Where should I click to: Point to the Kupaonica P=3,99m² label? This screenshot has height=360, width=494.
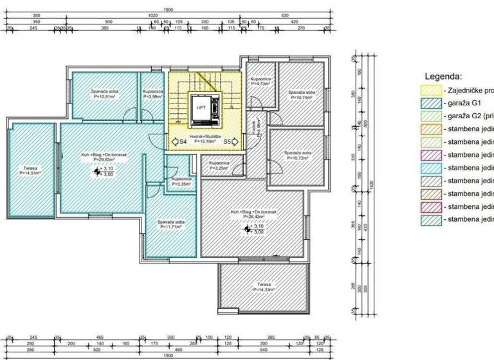coord(153,94)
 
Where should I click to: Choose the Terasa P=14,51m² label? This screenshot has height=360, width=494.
coord(30,171)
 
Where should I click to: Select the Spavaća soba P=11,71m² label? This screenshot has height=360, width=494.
coord(171,225)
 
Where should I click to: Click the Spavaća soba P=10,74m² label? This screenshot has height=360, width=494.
coord(301,95)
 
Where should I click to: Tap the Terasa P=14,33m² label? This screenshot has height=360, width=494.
coord(264,287)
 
